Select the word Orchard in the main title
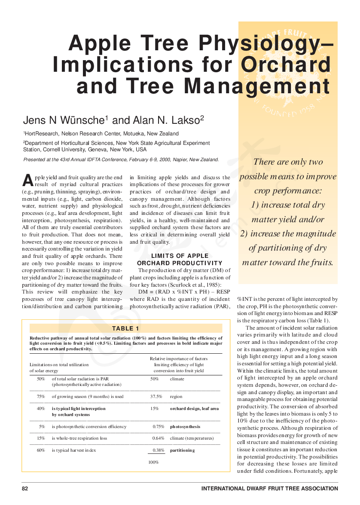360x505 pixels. [286, 64]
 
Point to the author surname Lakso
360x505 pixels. [184, 120]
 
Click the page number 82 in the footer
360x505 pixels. [25, 489]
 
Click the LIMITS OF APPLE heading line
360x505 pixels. [180, 256]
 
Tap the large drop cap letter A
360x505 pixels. [27, 180]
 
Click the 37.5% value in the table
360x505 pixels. [156, 397]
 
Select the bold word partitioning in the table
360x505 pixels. [182, 450]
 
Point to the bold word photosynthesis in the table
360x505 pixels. [185, 427]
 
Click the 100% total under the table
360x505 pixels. [153, 462]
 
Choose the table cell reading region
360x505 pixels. [176, 397]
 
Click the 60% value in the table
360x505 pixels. [41, 450]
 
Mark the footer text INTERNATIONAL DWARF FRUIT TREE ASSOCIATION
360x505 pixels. [269, 489]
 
